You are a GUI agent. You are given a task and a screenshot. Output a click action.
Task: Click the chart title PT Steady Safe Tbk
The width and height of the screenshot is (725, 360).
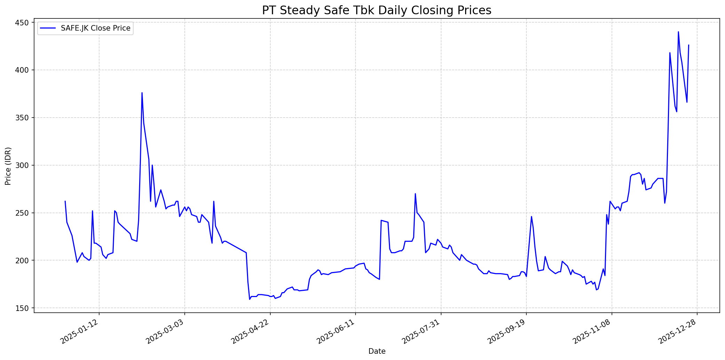coord(376,10)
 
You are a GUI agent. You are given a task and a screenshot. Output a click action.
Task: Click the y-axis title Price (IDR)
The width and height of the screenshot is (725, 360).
coord(8,166)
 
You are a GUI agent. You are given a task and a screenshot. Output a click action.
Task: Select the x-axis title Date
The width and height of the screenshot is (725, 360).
coord(377,351)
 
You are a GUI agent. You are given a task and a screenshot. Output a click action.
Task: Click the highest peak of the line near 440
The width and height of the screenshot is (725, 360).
coord(678,32)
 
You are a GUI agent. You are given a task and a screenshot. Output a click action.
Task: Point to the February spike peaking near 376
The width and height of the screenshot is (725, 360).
coord(142,93)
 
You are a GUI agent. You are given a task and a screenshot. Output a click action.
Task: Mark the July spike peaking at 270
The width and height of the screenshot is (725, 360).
coord(415,194)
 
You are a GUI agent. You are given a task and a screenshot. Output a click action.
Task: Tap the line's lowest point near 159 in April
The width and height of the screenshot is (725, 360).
coord(249,299)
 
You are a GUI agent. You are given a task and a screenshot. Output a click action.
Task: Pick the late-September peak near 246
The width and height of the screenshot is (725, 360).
coord(531,216)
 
